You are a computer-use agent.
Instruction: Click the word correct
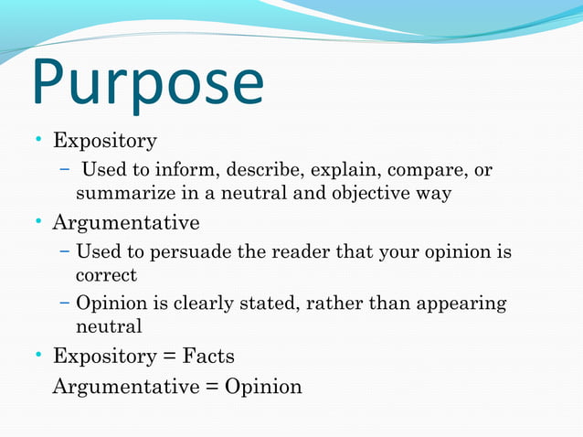pos(106,274)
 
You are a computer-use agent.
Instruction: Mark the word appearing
pos(461,304)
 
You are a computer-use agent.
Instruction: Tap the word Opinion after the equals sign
pos(263,387)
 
